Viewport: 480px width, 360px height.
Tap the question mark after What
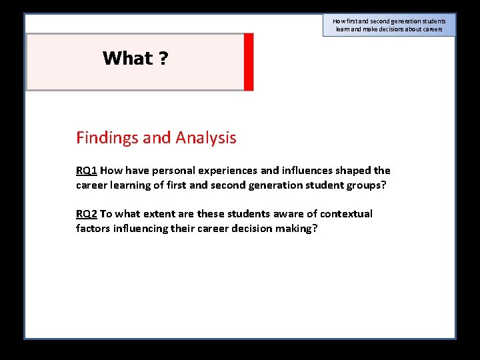163,59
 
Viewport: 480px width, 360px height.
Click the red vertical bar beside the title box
249,61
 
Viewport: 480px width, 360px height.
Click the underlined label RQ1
87,171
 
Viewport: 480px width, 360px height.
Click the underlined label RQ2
87,214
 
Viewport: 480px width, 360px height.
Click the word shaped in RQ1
354,171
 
